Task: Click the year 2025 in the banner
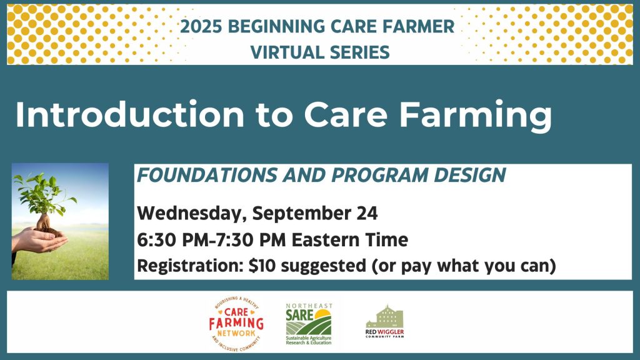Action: click(x=201, y=26)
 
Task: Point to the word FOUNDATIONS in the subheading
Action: click(x=207, y=175)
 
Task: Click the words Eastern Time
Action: click(x=350, y=239)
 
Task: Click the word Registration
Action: click(x=190, y=266)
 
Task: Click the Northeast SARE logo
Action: click(x=309, y=324)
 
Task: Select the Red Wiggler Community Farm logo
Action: click(x=384, y=322)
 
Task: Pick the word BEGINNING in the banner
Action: click(x=276, y=26)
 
